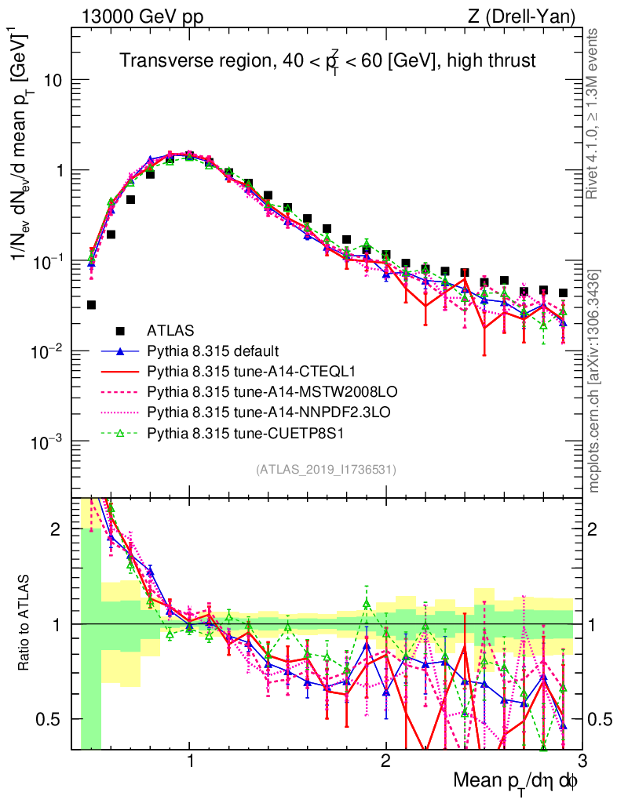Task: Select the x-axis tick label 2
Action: [x=385, y=761]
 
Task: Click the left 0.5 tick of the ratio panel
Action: [x=55, y=719]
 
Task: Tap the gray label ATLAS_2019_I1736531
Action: [x=326, y=470]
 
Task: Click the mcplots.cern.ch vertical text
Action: [x=595, y=381]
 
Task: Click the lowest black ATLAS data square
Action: [x=91, y=305]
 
